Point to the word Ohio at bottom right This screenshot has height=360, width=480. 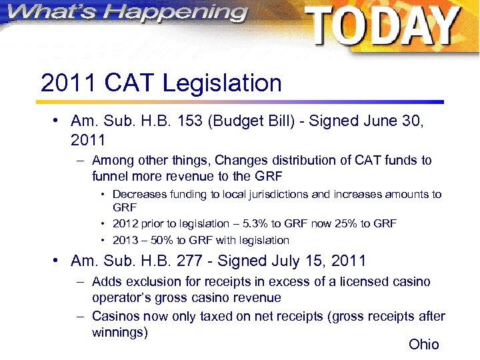[x=424, y=344]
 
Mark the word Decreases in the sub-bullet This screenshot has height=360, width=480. [x=140, y=195]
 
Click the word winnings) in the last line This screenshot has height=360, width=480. [x=119, y=332]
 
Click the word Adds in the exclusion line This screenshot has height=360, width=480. [x=107, y=282]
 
